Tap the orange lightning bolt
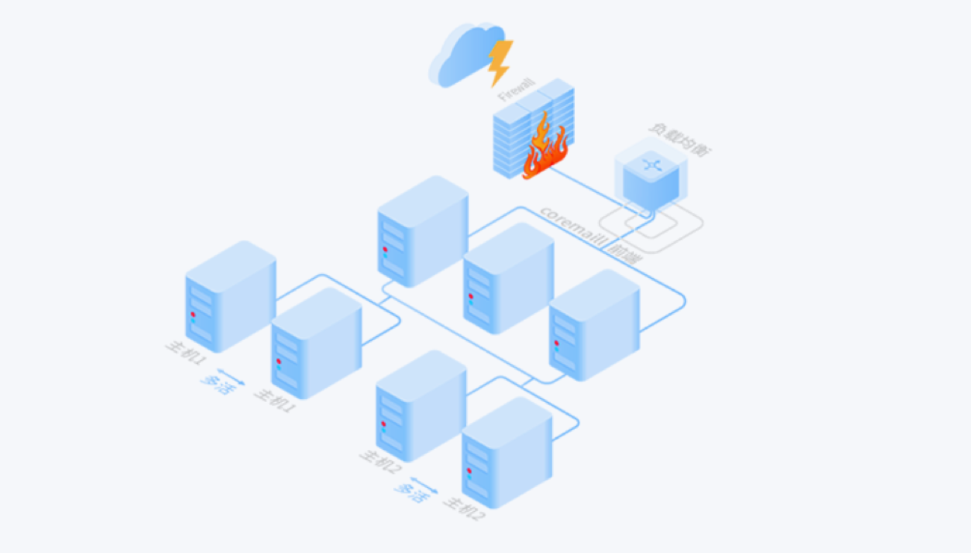tap(499, 61)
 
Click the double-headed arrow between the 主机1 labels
tap(231, 377)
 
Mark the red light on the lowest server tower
tap(469, 470)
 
